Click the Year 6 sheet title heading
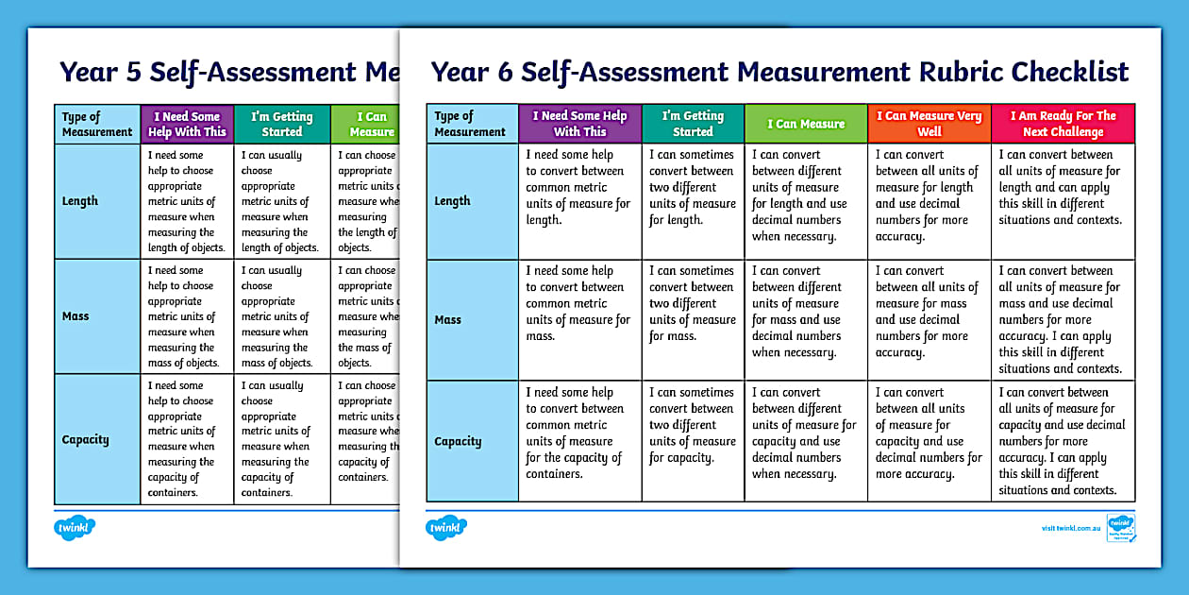(779, 72)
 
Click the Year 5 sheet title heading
(226, 72)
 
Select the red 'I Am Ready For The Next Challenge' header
(1063, 124)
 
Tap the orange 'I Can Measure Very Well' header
(929, 124)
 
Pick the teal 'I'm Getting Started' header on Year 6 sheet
(693, 124)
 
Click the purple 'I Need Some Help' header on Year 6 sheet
(579, 124)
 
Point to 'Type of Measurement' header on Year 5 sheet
(97, 125)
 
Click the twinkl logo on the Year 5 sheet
(75, 528)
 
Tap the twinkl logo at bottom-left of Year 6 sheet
(446, 528)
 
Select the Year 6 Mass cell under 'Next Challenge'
(1063, 320)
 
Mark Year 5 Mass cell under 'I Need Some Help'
(187, 316)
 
